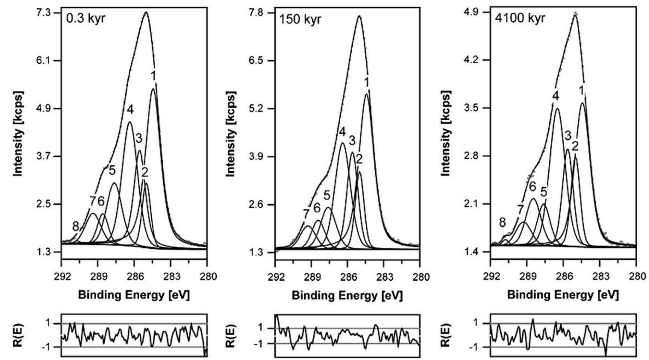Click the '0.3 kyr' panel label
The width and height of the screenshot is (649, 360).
pyautogui.click(x=86, y=19)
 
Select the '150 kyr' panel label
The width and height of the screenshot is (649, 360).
pyautogui.click(x=300, y=19)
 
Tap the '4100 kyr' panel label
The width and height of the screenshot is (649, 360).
pyautogui.click(x=520, y=18)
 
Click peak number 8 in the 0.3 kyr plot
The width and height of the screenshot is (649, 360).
pyautogui.click(x=75, y=227)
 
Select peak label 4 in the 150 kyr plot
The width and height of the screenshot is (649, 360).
pyautogui.click(x=342, y=132)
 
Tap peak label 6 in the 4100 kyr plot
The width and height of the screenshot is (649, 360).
pyautogui.click(x=532, y=187)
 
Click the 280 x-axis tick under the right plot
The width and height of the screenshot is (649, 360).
pyautogui.click(x=636, y=276)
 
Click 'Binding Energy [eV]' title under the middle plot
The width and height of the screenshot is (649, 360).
pyautogui.click(x=347, y=296)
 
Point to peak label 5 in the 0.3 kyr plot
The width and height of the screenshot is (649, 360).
pyautogui.click(x=112, y=170)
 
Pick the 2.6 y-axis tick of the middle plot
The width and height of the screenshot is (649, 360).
pyautogui.click(x=261, y=205)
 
